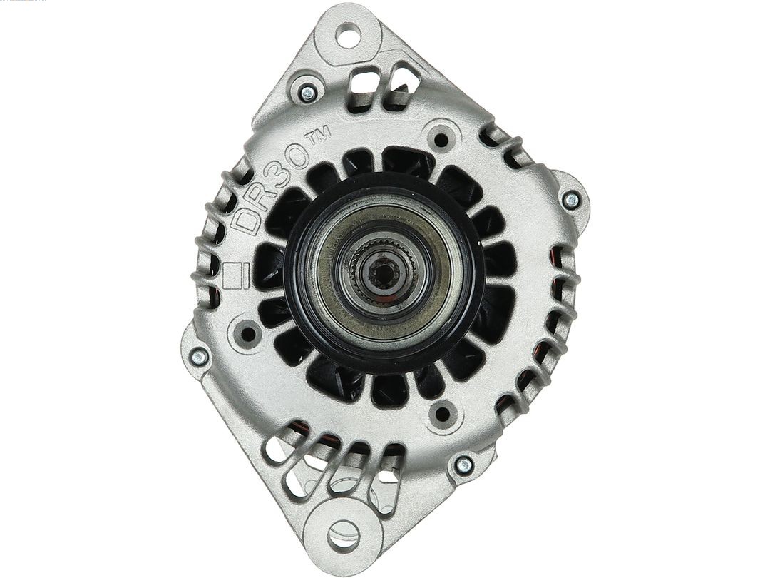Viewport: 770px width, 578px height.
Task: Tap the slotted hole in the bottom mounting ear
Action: [343, 532]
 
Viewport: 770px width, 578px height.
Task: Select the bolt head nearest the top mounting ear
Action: [308, 91]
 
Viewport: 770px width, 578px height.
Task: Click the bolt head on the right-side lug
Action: [570, 199]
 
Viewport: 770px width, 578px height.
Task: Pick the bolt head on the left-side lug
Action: [199, 355]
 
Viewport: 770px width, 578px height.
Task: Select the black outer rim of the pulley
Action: [298, 300]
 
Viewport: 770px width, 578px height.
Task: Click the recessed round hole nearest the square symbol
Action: [248, 333]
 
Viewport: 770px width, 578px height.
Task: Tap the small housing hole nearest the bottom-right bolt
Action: [442, 413]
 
